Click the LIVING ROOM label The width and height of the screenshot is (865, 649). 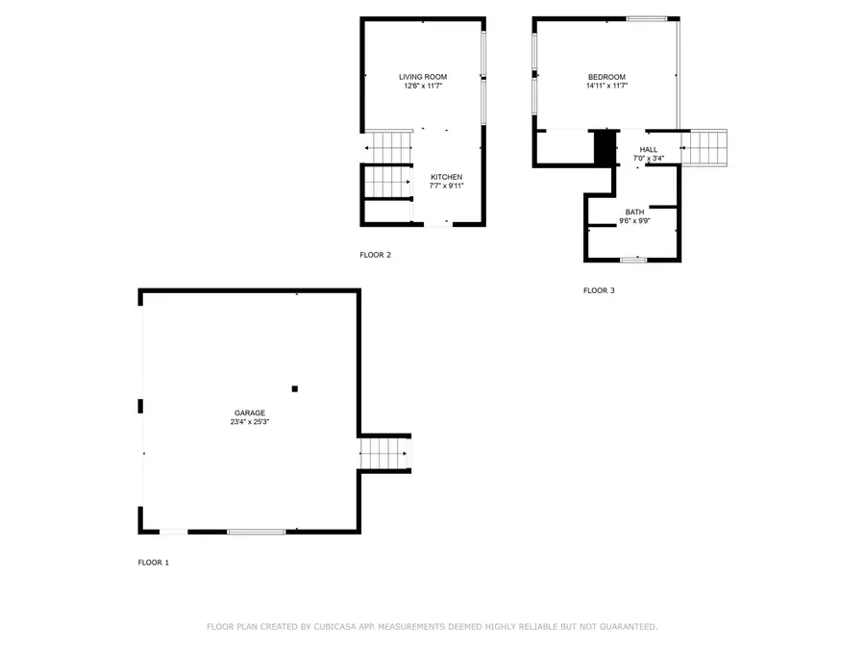(423, 77)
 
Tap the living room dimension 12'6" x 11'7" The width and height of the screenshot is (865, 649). (423, 87)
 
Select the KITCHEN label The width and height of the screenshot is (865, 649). (446, 177)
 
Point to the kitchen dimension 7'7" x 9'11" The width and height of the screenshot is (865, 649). (446, 187)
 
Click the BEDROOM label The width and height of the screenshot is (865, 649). (606, 77)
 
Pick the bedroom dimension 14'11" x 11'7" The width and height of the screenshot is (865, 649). (606, 87)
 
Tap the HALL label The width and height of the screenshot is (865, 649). (649, 149)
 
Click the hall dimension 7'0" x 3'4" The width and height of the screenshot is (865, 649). (649, 159)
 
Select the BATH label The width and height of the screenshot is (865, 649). (634, 212)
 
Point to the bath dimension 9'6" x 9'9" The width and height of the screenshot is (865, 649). (634, 221)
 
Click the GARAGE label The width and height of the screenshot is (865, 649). (249, 412)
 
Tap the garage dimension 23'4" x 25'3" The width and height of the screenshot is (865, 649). (249, 421)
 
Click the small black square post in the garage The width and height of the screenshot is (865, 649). (295, 388)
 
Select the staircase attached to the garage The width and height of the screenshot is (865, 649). (383, 453)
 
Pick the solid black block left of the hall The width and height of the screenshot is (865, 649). (605, 147)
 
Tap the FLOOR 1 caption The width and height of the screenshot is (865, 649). (153, 562)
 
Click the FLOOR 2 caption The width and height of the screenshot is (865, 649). (375, 255)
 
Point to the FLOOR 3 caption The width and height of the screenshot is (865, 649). (598, 290)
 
